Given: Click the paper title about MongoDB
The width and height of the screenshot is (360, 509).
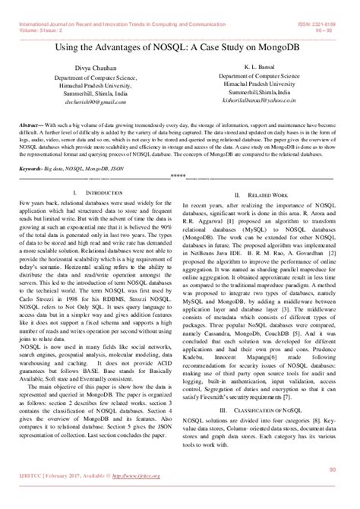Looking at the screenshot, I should pyautogui.click(x=179, y=47).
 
